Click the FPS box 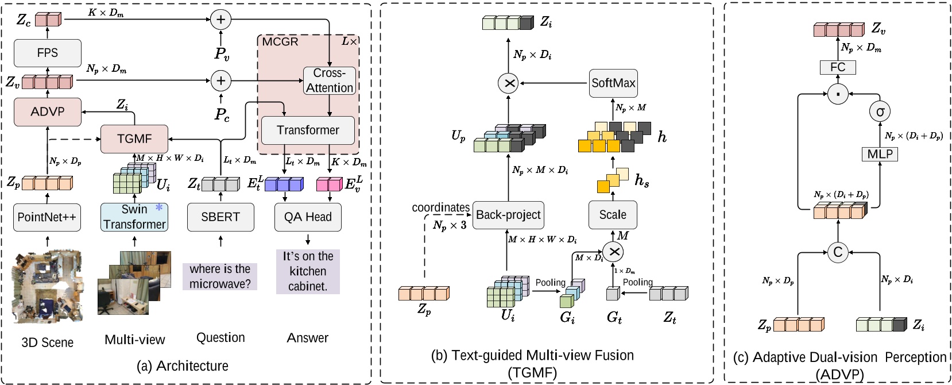pyautogui.click(x=47, y=53)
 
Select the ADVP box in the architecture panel pyautogui.click(x=47, y=111)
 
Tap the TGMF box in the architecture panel pyautogui.click(x=134, y=139)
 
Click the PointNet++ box pyautogui.click(x=47, y=217)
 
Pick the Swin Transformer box pyautogui.click(x=134, y=217)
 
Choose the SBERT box pyautogui.click(x=220, y=217)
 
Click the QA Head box pyautogui.click(x=308, y=217)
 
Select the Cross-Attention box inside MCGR pyautogui.click(x=330, y=80)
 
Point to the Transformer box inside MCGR pyautogui.click(x=308, y=130)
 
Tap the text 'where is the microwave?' pyautogui.click(x=220, y=276)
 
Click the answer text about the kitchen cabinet pyautogui.click(x=308, y=271)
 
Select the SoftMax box pyautogui.click(x=613, y=83)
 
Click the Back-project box pyautogui.click(x=508, y=215)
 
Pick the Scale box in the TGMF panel pyautogui.click(x=613, y=215)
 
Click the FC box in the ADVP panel pyautogui.click(x=838, y=67)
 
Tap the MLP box pyautogui.click(x=880, y=154)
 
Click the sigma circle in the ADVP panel pyautogui.click(x=880, y=111)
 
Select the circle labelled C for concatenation pyautogui.click(x=838, y=252)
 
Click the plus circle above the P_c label pyautogui.click(x=220, y=81)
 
